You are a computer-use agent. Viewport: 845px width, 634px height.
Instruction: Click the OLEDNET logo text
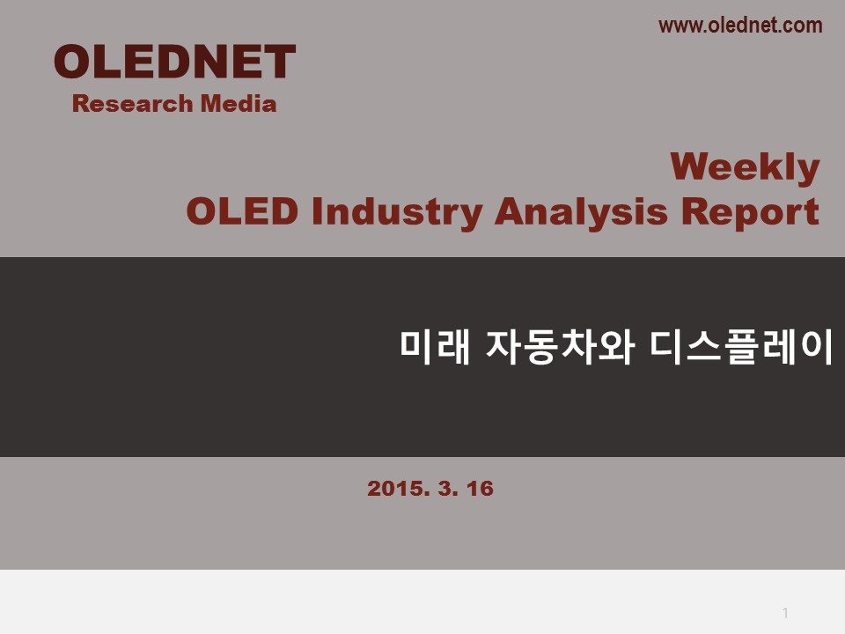[x=174, y=62]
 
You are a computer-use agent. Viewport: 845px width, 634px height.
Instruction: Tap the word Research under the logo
[x=133, y=104]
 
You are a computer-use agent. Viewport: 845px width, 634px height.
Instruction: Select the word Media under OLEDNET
[x=239, y=104]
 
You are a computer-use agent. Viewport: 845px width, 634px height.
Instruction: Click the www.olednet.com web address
[x=740, y=26]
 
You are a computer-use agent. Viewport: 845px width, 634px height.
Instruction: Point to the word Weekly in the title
[x=746, y=167]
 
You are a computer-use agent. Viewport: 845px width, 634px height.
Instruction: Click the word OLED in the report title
[x=242, y=210]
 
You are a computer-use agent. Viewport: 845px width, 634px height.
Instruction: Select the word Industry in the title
[x=397, y=213]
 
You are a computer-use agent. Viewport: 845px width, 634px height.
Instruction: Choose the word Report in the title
[x=750, y=213]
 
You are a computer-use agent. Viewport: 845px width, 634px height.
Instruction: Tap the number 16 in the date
[x=480, y=489]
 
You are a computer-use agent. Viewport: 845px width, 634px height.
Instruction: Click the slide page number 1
[x=785, y=613]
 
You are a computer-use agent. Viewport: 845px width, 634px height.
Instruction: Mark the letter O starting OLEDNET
[x=73, y=62]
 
